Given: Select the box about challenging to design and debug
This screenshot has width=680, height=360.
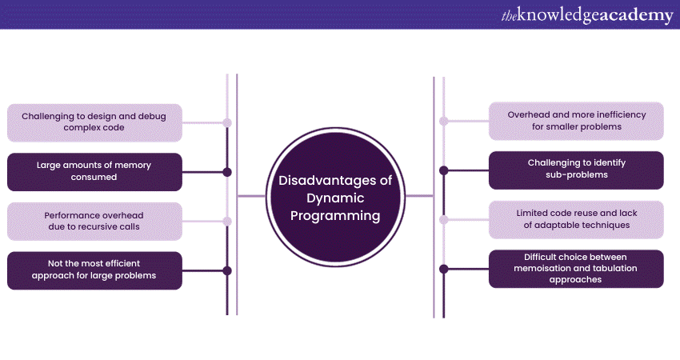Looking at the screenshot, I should [x=94, y=122].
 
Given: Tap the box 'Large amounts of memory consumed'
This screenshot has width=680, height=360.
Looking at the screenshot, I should [x=94, y=171].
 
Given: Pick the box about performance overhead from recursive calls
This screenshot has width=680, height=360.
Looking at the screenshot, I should [x=94, y=221].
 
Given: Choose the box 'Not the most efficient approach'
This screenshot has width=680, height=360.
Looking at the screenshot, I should [x=94, y=270].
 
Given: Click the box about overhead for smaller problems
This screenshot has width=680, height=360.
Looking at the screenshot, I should [x=576, y=121].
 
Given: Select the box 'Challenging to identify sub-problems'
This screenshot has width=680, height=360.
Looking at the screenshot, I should [x=576, y=170].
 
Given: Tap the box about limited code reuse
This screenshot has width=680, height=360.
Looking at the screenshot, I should [x=576, y=219].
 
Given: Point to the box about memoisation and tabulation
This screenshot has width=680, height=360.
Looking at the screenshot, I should [x=576, y=269].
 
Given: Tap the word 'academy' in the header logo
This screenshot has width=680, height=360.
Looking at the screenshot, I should [x=636, y=15].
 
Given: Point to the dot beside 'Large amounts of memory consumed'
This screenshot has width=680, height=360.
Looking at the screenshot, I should [x=227, y=172].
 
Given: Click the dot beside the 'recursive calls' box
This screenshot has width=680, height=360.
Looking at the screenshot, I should [x=227, y=222].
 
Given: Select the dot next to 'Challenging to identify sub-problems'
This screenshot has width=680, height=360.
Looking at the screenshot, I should [x=444, y=170].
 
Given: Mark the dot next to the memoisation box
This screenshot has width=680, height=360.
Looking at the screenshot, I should [x=444, y=269].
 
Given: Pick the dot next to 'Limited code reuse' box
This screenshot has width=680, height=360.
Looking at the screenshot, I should [x=444, y=219].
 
